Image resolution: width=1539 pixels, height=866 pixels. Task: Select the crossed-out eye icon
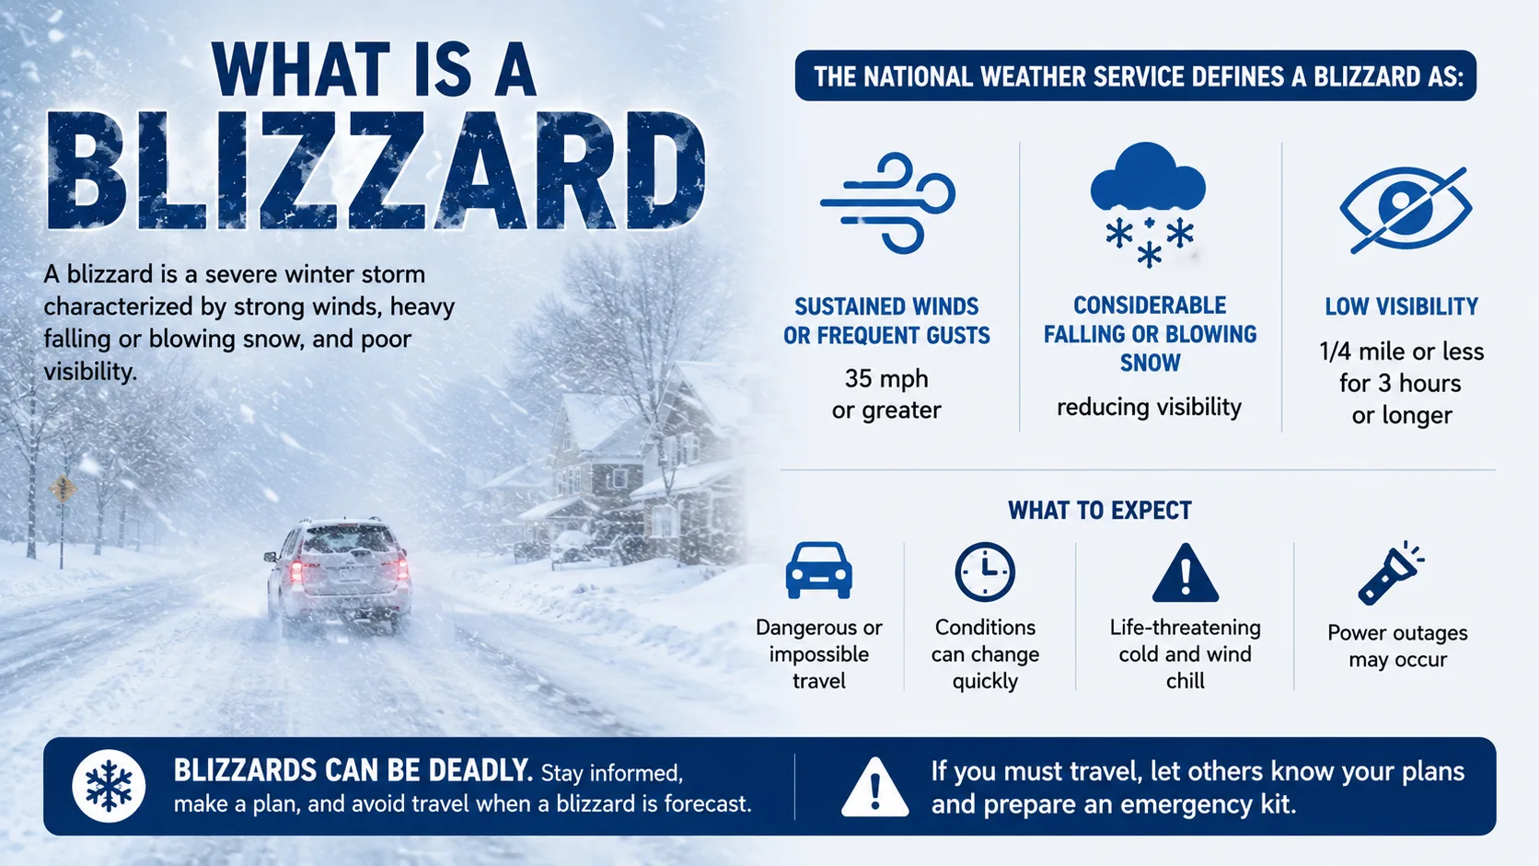click(x=1405, y=209)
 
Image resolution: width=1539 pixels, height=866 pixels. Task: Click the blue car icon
click(x=818, y=571)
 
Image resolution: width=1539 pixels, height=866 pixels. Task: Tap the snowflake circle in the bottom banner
click(x=109, y=786)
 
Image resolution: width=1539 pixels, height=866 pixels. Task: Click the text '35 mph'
click(x=886, y=378)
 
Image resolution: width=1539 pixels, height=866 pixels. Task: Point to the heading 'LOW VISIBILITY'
click(x=1402, y=306)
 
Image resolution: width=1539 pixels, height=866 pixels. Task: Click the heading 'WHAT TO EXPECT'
click(x=1099, y=510)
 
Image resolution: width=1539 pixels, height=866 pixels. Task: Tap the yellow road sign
click(x=63, y=489)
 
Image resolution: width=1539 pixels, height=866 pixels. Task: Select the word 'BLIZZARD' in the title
click(x=376, y=170)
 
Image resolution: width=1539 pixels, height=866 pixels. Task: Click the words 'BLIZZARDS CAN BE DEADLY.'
click(x=353, y=770)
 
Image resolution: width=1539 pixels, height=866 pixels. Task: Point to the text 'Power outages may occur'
click(x=1397, y=645)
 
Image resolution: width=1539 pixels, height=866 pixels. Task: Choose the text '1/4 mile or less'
click(x=1402, y=352)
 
